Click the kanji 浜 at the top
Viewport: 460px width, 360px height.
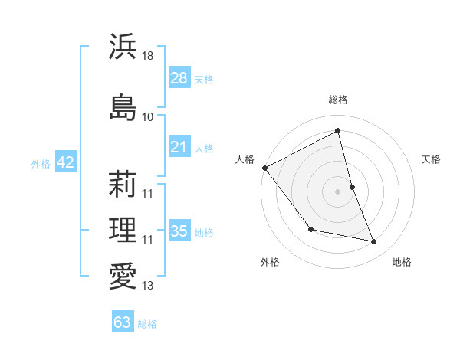click(123, 46)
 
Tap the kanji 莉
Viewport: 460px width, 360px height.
click(123, 184)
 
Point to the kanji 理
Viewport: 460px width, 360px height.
click(123, 230)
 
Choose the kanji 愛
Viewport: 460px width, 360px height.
click(123, 276)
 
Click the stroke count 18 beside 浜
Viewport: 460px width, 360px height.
click(148, 56)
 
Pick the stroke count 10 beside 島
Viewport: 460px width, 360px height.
click(148, 116)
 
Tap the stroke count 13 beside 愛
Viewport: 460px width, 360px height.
click(148, 286)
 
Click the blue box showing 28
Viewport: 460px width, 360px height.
click(179, 77)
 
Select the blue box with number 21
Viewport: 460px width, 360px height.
click(179, 146)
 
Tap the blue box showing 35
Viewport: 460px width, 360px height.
click(179, 231)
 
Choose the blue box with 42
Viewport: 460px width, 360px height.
click(65, 162)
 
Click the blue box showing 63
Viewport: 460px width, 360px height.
click(122, 322)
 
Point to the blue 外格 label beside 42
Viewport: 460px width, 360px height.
click(41, 163)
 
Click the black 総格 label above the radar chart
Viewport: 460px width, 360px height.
click(338, 100)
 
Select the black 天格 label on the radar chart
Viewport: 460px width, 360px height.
click(432, 159)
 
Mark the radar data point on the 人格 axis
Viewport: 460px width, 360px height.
click(264, 168)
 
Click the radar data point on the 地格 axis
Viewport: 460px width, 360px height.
click(374, 242)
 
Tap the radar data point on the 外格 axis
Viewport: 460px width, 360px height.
click(310, 229)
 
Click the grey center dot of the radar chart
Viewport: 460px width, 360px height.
click(338, 191)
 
